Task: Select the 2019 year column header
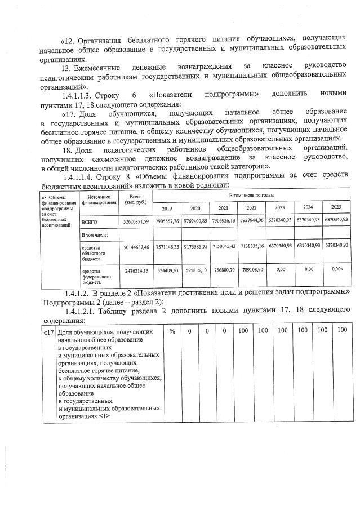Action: [x=166, y=208]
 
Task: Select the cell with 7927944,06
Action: [x=251, y=220]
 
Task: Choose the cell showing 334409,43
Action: [x=167, y=270]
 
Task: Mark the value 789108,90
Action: [x=251, y=270]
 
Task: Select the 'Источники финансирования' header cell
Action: [x=99, y=198]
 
